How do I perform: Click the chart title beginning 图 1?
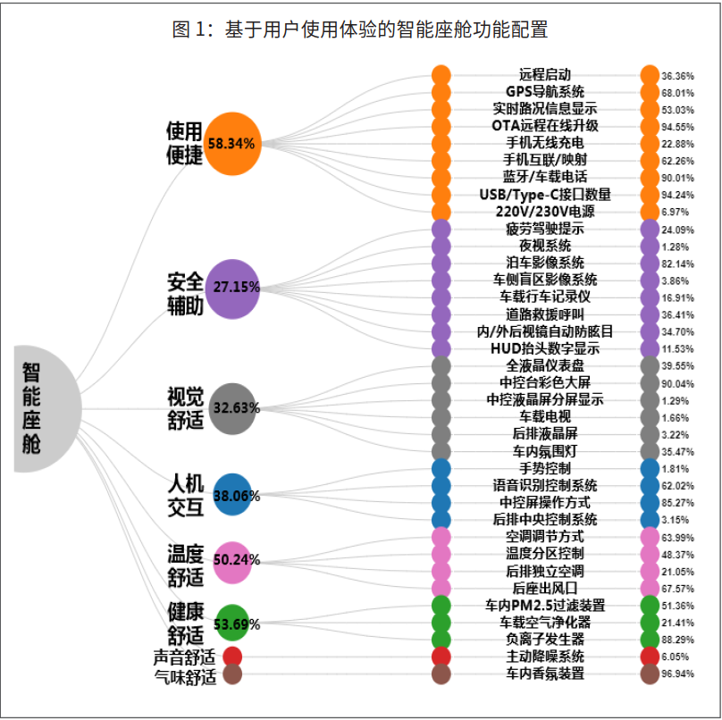coord(360,29)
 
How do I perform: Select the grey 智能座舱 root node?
coord(45,407)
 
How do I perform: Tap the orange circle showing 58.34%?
coord(232,142)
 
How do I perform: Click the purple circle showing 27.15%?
coord(232,287)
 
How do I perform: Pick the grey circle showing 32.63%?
coord(232,408)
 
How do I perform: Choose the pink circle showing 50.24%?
coord(232,561)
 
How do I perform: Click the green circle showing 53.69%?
coord(232,623)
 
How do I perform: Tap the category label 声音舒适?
coord(185,657)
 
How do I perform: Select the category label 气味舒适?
coord(185,675)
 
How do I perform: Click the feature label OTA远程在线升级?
coord(545,126)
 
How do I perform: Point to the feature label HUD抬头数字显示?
coord(545,348)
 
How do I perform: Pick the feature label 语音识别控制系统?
coord(545,485)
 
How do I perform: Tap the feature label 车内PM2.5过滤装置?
coord(545,605)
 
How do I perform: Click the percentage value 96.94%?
coord(678,674)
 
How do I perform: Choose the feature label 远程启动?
coord(545,75)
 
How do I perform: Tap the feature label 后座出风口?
coord(545,588)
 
